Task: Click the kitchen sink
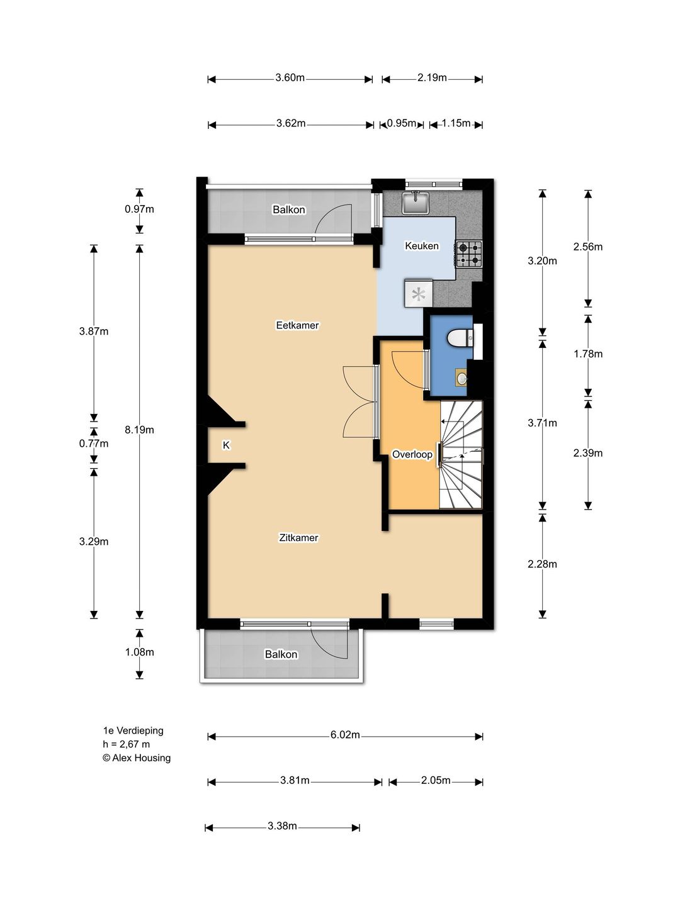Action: pos(416,202)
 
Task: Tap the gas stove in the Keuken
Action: pos(469,254)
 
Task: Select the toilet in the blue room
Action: pos(461,338)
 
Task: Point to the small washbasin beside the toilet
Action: pos(462,377)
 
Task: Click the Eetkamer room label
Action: pos(297,325)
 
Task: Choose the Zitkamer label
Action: pos(298,538)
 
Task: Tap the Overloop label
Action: pos(412,454)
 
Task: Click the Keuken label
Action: pos(422,246)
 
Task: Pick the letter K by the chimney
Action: pos(226,445)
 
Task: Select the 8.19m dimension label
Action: pos(140,430)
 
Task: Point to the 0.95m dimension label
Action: pos(402,123)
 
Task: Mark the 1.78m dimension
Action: pos(588,354)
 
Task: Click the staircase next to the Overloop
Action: pos(461,454)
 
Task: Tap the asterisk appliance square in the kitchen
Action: pos(419,294)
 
